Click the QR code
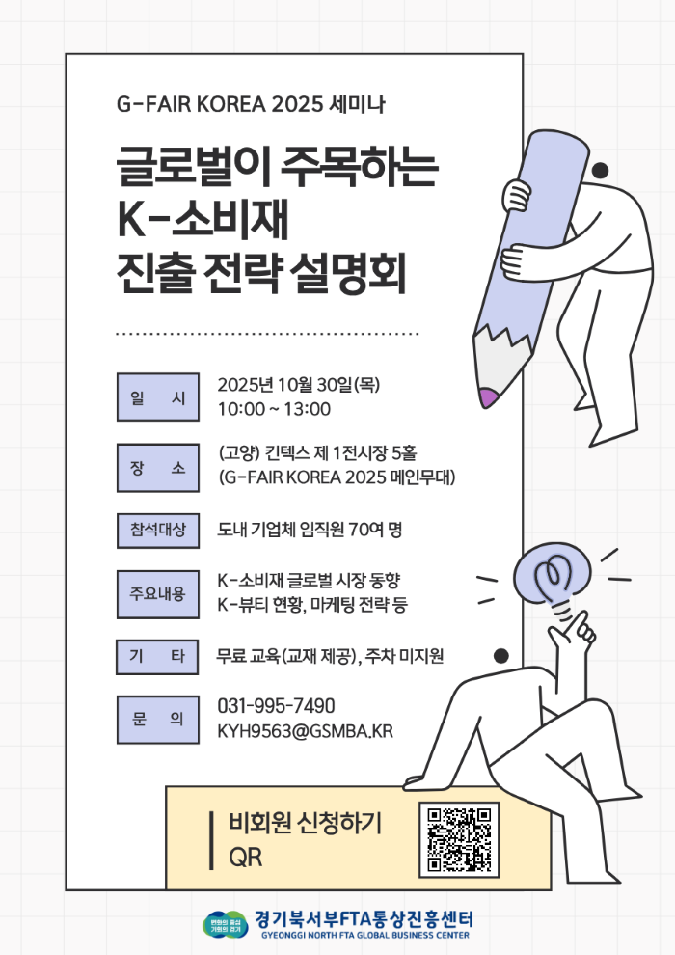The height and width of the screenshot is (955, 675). coord(459,840)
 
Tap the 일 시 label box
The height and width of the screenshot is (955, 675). coord(157,397)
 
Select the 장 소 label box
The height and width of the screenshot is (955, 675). coord(157,468)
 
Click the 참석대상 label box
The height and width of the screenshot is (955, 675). coord(157,531)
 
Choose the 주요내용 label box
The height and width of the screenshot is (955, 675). coord(157,594)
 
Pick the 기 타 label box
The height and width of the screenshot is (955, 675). coord(157,657)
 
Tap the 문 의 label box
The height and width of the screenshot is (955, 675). coord(157,720)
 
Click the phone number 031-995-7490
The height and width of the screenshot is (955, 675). coord(277,706)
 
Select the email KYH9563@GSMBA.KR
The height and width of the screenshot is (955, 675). coord(305,731)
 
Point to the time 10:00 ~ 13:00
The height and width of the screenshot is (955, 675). coord(274,409)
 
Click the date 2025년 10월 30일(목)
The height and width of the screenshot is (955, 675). coord(298,384)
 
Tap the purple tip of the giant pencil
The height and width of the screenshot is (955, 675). coord(488,397)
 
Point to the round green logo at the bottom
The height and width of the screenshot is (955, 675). coord(226,924)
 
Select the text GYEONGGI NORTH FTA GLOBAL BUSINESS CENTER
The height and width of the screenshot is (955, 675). coord(365,935)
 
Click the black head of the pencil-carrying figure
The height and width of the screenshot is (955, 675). coord(600,171)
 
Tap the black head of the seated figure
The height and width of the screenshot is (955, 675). coord(500,656)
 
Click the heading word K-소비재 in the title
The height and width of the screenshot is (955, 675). coord(202,219)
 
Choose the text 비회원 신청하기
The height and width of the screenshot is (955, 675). coord(305,822)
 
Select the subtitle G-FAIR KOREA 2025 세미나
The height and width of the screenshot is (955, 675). coord(251,104)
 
